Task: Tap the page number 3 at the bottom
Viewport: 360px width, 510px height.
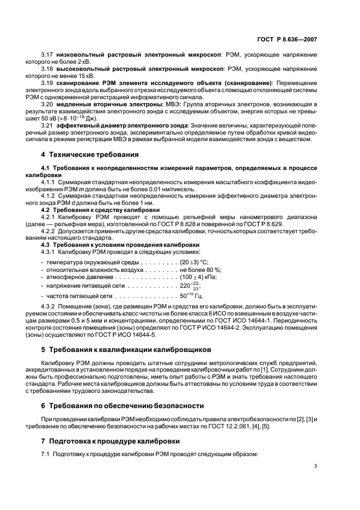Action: click(x=316, y=465)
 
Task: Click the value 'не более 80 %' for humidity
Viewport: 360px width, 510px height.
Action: click(x=200, y=270)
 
